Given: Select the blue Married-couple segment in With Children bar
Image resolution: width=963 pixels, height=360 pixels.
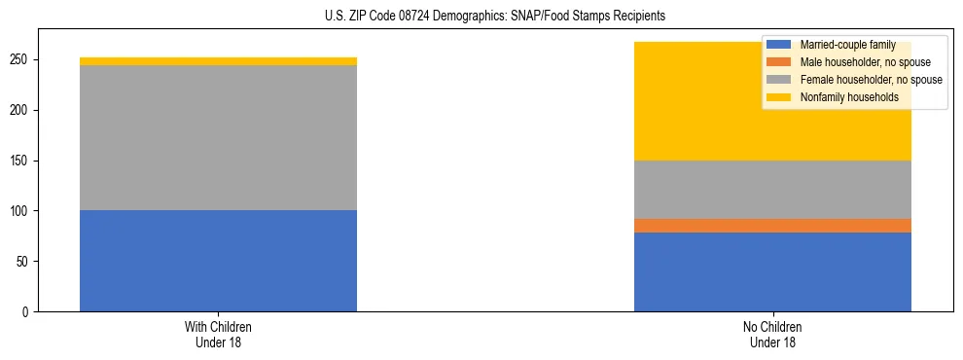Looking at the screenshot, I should click(x=218, y=261).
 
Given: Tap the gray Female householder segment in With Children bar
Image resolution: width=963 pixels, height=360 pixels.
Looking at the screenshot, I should click(x=218, y=137).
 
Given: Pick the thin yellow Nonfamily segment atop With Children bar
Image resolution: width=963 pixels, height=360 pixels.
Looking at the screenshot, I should click(x=218, y=61).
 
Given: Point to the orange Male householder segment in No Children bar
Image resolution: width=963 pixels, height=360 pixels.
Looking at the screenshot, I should click(x=772, y=226).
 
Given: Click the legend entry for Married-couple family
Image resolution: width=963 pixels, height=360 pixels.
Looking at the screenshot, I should click(x=842, y=45).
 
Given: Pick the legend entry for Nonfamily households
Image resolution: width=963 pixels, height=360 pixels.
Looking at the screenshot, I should click(x=842, y=97).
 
